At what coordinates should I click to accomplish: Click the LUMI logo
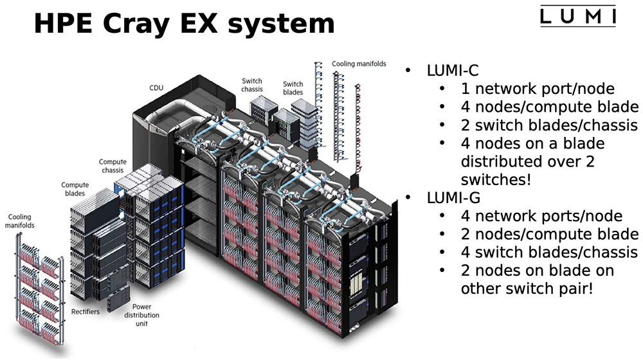(578, 16)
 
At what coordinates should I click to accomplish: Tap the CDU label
(156, 87)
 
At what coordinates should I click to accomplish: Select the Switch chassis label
(252, 85)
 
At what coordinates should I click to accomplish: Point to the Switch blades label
(293, 88)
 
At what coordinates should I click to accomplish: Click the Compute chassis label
(113, 166)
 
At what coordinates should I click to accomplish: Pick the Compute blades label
(75, 190)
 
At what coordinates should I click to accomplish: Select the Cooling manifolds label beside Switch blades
(359, 64)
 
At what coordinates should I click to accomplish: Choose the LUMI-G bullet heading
(453, 197)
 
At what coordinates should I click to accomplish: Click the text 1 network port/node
(538, 89)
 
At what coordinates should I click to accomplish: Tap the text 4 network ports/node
(541, 216)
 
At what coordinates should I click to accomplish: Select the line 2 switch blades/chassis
(549, 125)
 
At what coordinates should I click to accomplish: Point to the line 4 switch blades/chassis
(549, 253)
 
